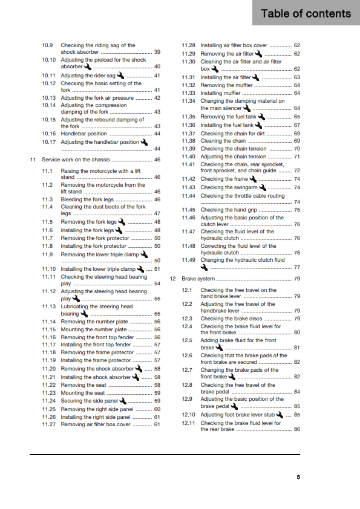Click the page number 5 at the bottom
tap(298, 477)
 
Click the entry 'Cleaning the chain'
tap(223, 141)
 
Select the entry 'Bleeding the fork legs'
tap(87, 199)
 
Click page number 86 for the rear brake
tap(296, 429)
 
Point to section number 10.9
tap(48, 45)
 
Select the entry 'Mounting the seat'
tap(83, 392)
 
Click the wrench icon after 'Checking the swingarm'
tap(263, 187)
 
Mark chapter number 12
tap(173, 279)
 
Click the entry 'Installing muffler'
tap(218, 93)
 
